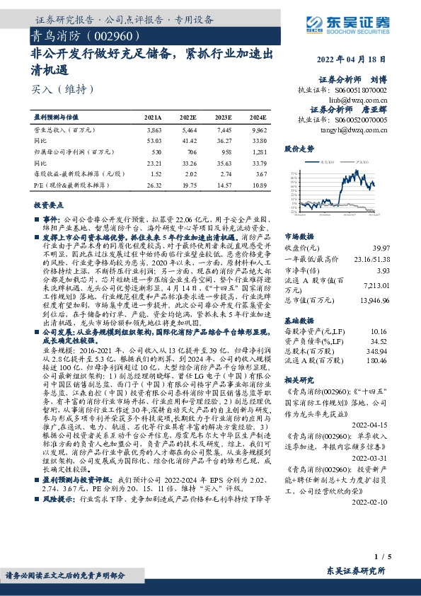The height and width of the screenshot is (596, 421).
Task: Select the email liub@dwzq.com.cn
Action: click(361, 101)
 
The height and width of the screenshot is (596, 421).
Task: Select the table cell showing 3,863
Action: click(154, 131)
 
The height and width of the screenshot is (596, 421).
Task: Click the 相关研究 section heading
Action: click(299, 379)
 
